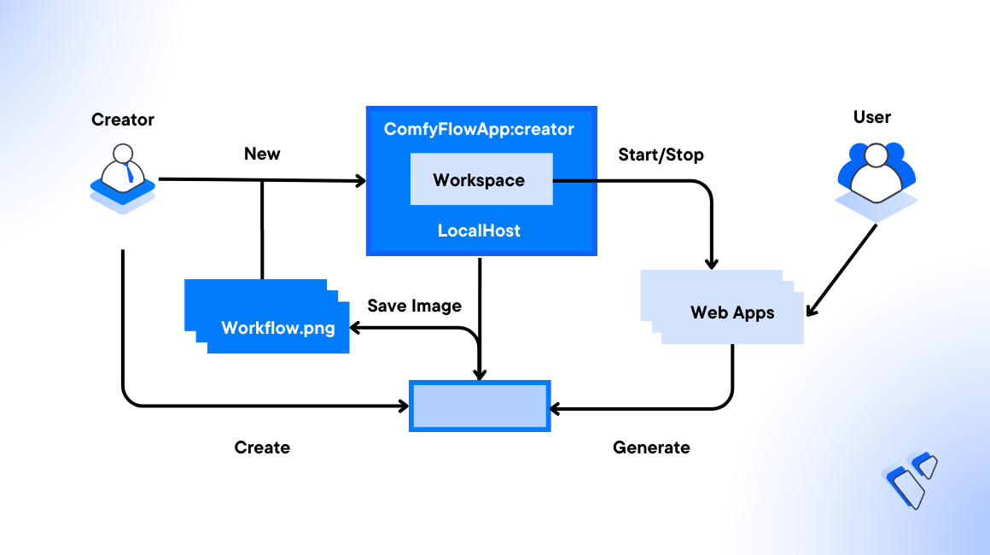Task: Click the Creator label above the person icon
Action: click(x=123, y=120)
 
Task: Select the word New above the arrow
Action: click(x=262, y=154)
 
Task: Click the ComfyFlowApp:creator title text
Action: click(x=479, y=130)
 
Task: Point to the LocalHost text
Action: click(x=479, y=231)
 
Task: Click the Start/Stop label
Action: click(x=661, y=155)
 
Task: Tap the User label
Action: click(x=872, y=117)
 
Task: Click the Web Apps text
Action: click(x=732, y=313)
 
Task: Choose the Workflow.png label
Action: click(x=278, y=328)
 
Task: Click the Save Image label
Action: click(x=414, y=306)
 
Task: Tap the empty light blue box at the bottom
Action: click(x=480, y=406)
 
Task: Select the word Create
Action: click(x=262, y=447)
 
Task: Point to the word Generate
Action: click(x=651, y=447)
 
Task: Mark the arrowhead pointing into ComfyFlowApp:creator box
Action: click(x=360, y=181)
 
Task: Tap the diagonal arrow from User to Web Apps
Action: click(x=841, y=269)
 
